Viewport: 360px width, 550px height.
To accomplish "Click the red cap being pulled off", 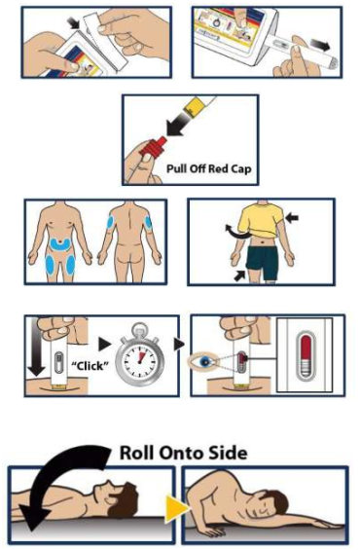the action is (x=154, y=147).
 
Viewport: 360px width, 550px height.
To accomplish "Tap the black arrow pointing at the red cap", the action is (x=180, y=124).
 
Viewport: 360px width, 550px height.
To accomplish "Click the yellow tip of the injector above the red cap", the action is (x=196, y=107).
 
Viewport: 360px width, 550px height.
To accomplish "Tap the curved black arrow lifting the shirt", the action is (x=235, y=233).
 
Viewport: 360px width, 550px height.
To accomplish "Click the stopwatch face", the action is (x=138, y=359).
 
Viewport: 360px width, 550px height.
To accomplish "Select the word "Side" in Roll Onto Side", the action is (x=229, y=453).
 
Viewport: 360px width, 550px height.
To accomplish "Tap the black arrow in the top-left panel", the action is (x=74, y=23).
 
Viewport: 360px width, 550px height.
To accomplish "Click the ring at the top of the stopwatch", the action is (x=139, y=328).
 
